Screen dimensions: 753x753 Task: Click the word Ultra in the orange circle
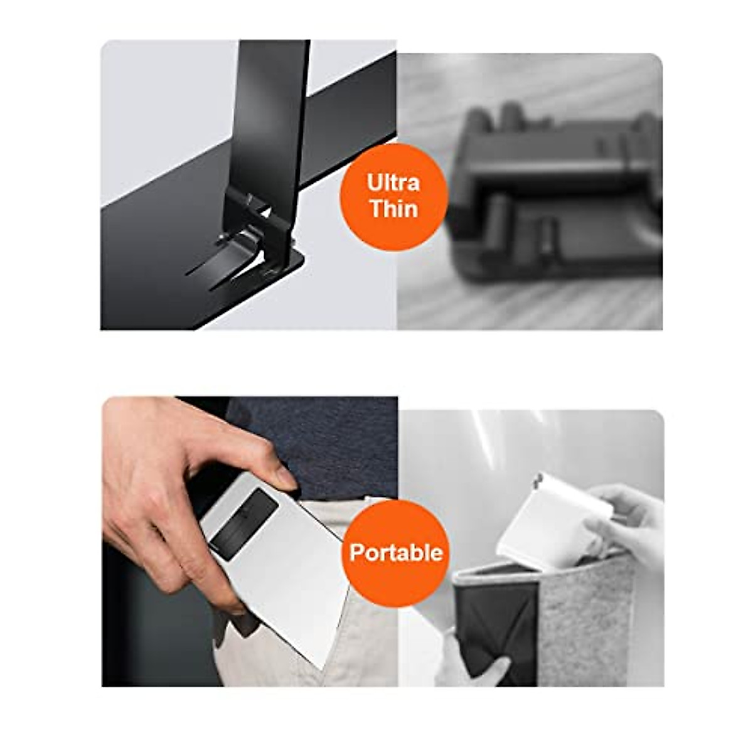pyautogui.click(x=393, y=183)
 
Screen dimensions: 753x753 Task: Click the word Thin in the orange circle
pyautogui.click(x=394, y=209)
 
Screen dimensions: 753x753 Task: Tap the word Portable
pyautogui.click(x=396, y=553)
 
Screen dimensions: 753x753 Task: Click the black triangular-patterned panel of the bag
pyautogui.click(x=496, y=629)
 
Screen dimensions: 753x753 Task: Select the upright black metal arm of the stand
pyautogui.click(x=270, y=129)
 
